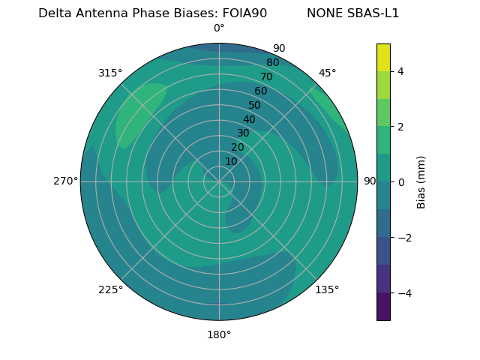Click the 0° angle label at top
(x=219, y=28)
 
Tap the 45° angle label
(x=327, y=73)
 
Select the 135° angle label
(x=327, y=289)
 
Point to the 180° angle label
(x=219, y=334)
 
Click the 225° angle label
(x=110, y=289)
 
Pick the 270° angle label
(x=65, y=181)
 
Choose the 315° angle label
(x=110, y=73)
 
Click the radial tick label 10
(x=231, y=161)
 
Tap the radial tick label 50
(x=255, y=105)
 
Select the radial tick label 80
(x=272, y=62)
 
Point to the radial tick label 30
(x=243, y=133)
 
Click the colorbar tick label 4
(x=401, y=71)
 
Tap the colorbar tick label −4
(x=401, y=292)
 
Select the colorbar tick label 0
(x=401, y=182)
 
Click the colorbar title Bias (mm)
(x=421, y=182)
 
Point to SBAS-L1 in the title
(x=372, y=13)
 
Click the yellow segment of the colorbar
(x=383, y=57)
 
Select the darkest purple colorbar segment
(x=383, y=307)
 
